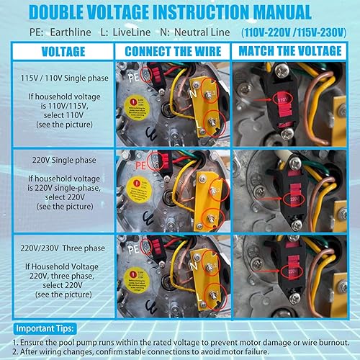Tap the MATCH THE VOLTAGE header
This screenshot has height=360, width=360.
tap(292, 51)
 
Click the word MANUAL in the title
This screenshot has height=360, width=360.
tap(271, 12)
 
